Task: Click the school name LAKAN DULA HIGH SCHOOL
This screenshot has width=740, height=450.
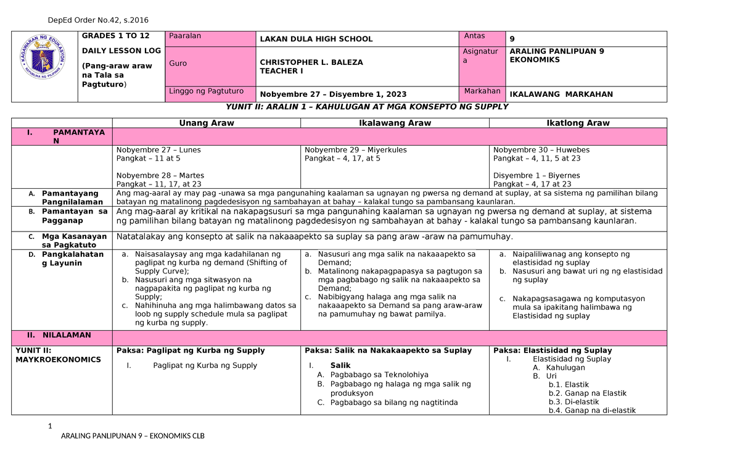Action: pos(316,39)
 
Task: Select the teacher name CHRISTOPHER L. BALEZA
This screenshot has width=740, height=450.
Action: pos(311,62)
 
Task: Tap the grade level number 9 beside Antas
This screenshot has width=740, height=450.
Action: pos(512,39)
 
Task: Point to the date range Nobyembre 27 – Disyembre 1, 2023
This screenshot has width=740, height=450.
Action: pos(333,94)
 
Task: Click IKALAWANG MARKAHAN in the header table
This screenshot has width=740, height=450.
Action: pos(561,94)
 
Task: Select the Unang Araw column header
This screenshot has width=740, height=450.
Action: pos(207,123)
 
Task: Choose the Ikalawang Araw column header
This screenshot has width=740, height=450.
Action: pos(395,123)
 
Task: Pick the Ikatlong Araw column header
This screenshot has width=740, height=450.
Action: pos(578,123)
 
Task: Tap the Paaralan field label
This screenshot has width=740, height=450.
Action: pos(185,36)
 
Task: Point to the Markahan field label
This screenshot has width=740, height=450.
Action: pos(482,91)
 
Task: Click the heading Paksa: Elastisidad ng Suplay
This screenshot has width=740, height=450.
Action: pos(553,350)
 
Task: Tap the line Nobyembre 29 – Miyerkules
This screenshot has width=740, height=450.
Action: pos(356,150)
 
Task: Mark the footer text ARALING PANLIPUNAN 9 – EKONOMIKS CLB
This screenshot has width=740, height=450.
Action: pos(132,436)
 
